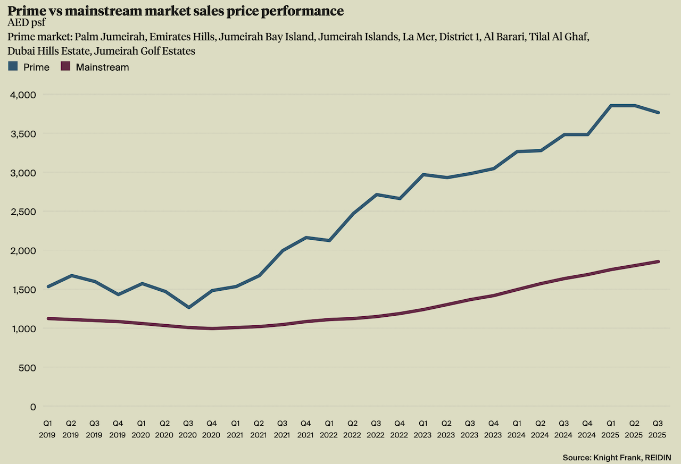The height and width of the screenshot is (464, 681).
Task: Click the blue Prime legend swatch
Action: pos(13,67)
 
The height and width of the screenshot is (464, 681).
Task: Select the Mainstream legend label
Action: pos(102,67)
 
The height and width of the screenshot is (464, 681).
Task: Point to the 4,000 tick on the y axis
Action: pos(23,95)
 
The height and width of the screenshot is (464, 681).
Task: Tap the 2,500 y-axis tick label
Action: pos(23,212)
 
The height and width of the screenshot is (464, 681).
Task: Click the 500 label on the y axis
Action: pos(28,367)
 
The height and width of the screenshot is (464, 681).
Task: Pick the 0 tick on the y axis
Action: pos(33,407)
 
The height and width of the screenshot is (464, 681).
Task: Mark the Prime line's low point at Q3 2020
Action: pos(188,307)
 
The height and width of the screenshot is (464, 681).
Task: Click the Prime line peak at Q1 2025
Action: pos(611,106)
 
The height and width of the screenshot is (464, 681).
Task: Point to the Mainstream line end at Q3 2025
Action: pos(658,261)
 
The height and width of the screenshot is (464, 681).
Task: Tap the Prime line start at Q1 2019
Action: pos(48,286)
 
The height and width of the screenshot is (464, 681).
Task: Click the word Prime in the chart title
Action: pos(26,11)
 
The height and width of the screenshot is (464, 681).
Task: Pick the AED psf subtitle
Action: pos(27,23)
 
